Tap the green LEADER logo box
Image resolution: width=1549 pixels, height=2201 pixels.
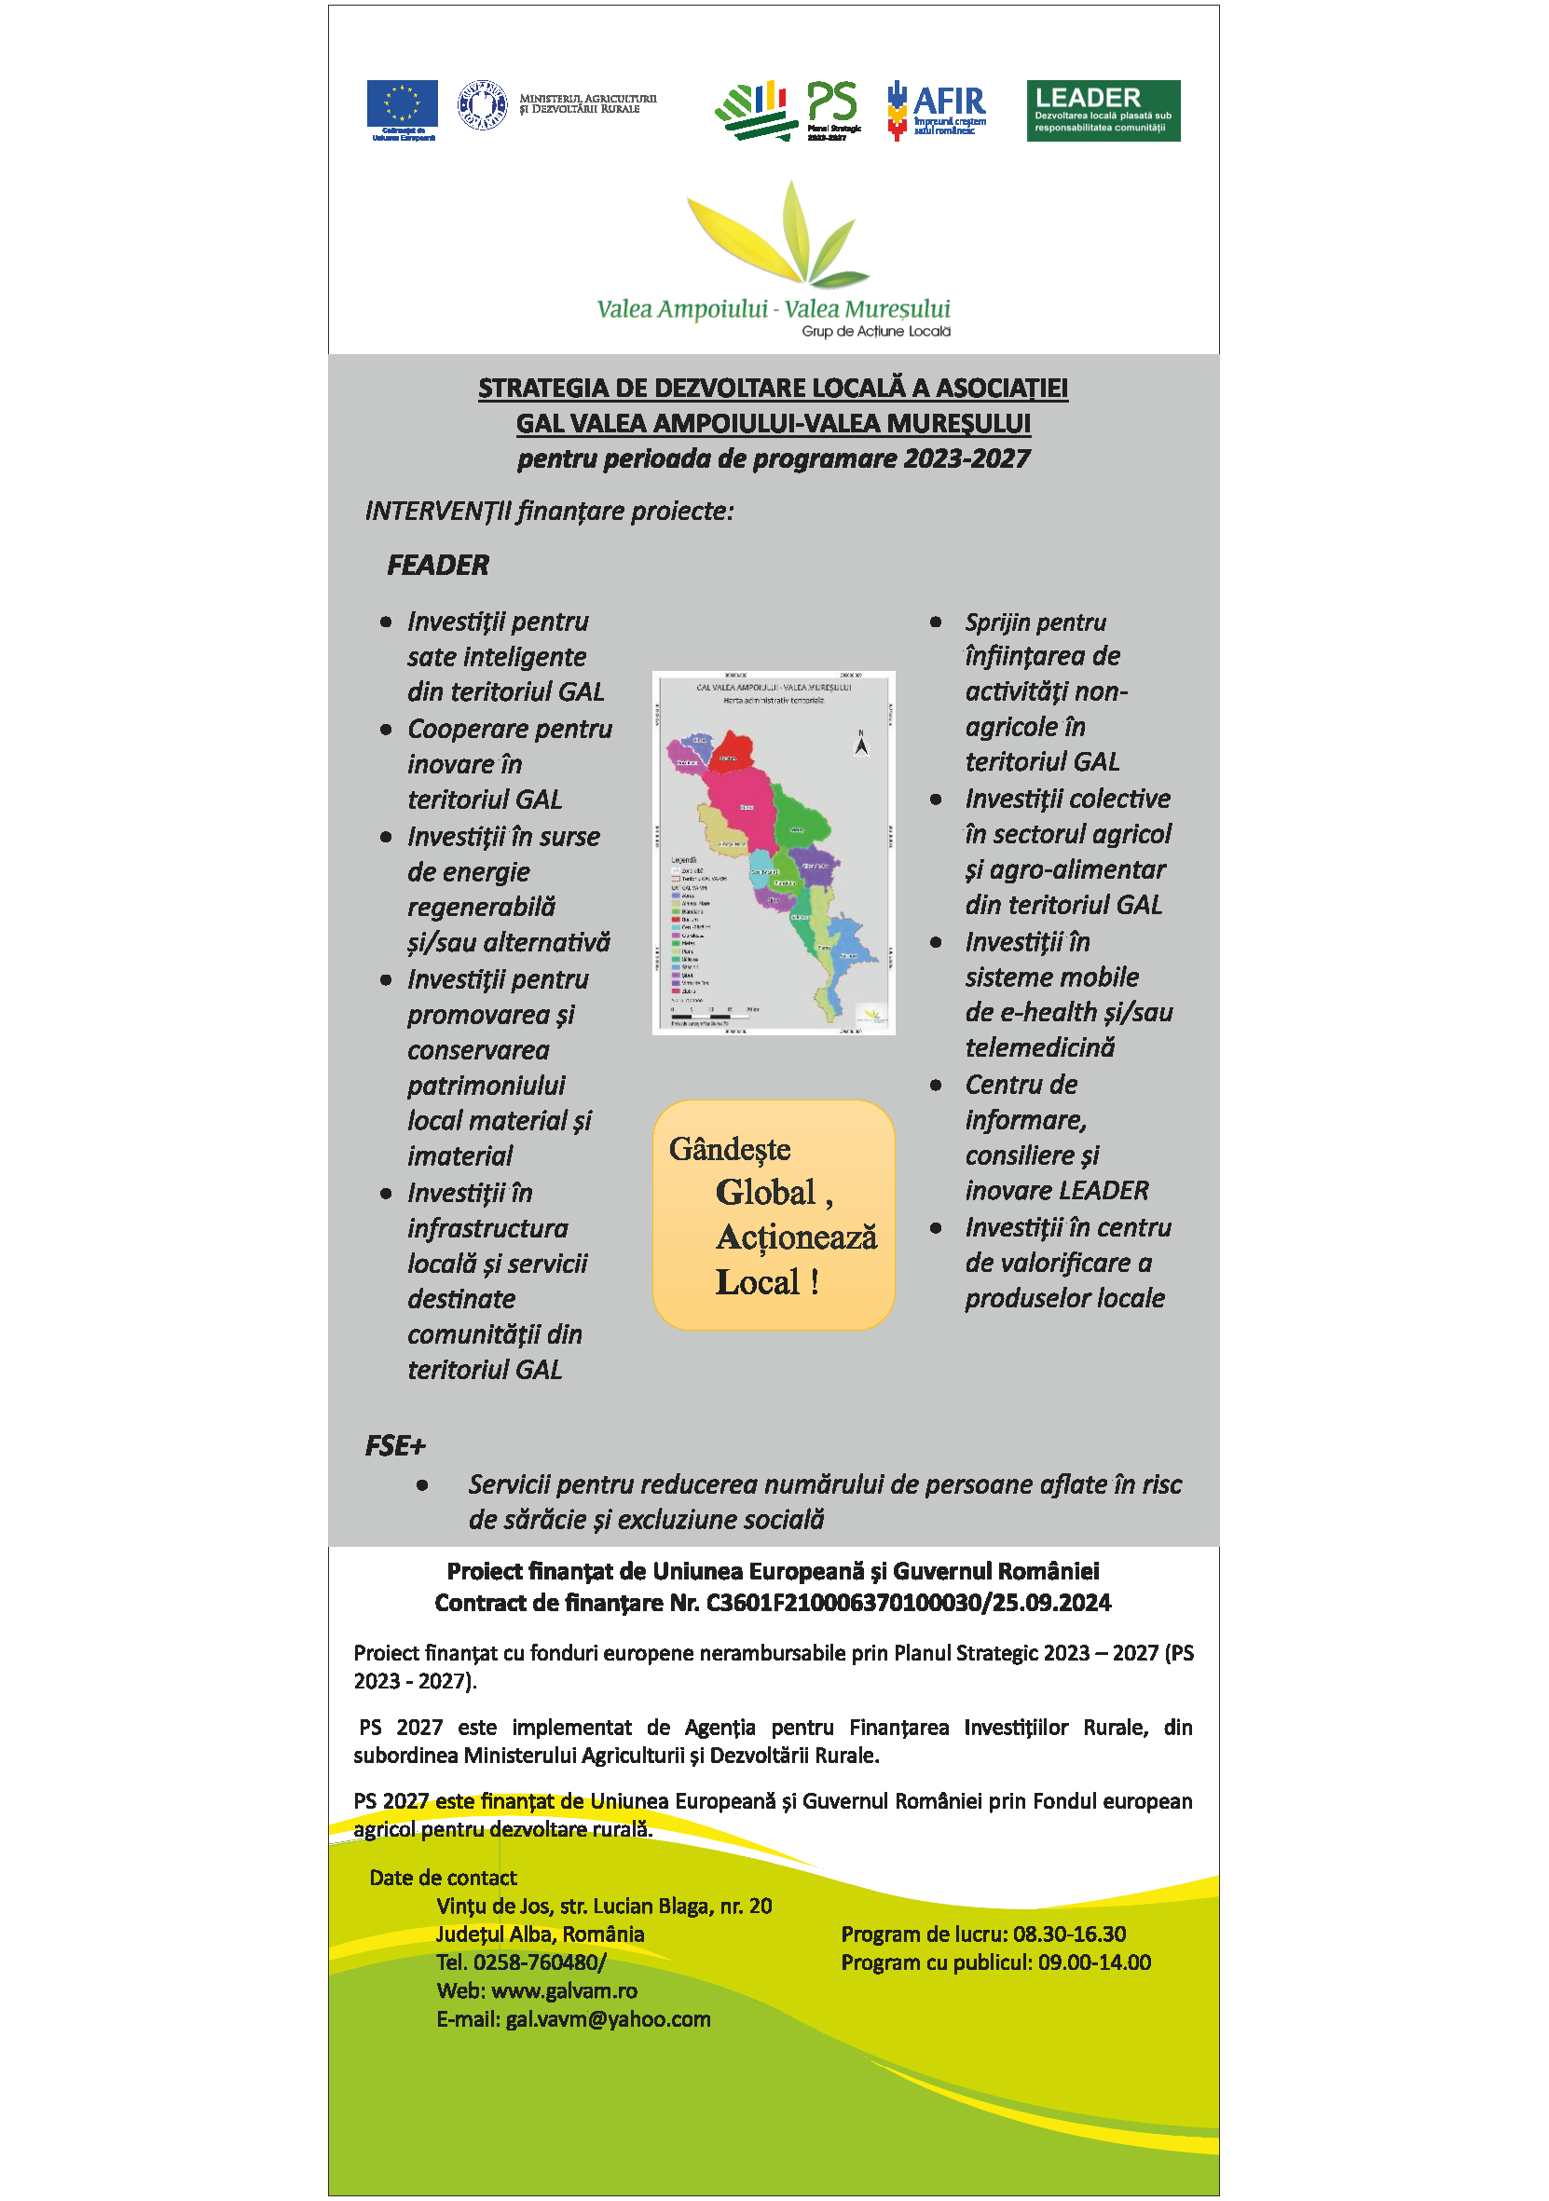[1103, 110]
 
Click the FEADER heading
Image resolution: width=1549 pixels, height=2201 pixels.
[437, 566]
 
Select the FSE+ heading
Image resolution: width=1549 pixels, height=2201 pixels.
[394, 1445]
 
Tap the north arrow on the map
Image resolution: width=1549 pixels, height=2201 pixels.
[861, 743]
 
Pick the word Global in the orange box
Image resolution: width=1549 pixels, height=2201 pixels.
[765, 1193]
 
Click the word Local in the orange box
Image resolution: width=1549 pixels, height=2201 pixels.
[757, 1282]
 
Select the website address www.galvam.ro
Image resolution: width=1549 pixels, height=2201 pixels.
[564, 1991]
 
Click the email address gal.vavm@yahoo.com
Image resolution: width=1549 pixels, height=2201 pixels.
[608, 2019]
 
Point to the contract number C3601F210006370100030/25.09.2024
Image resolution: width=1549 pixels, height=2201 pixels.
[908, 1603]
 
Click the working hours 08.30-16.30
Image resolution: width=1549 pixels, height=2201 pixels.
[1069, 1934]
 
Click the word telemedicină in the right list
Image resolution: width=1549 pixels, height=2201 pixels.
[1039, 1047]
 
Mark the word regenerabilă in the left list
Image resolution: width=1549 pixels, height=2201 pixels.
[481, 907]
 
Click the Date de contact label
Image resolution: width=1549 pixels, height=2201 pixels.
[443, 1877]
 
